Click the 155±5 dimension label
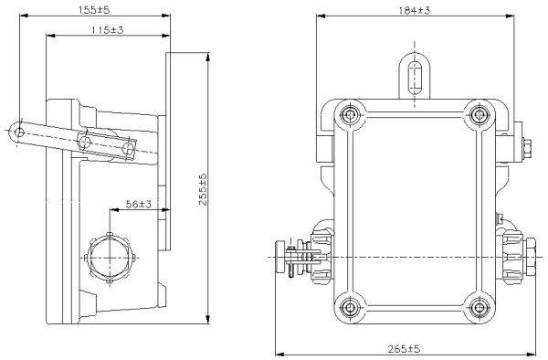pyautogui.click(x=94, y=10)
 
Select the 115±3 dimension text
pyautogui.click(x=108, y=30)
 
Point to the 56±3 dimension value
pyautogui.click(x=139, y=204)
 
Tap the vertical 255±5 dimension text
pyautogui.click(x=203, y=189)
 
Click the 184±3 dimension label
pyautogui.click(x=415, y=10)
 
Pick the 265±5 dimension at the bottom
pyautogui.click(x=404, y=348)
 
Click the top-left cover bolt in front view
pyautogui.click(x=349, y=114)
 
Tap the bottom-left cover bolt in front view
pyautogui.click(x=349, y=308)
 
